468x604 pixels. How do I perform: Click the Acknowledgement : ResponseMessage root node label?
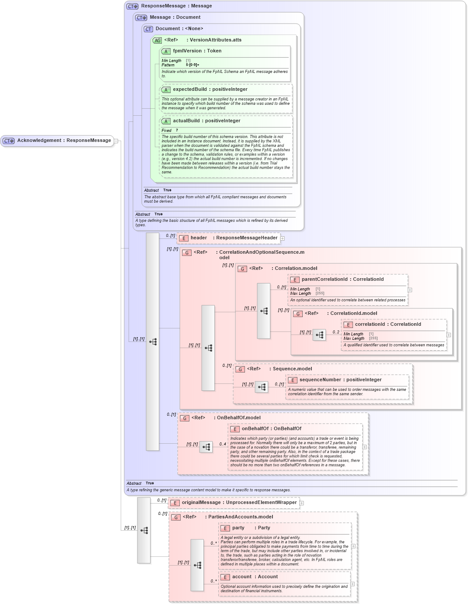click(x=64, y=141)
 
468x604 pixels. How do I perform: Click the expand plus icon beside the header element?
click(x=283, y=238)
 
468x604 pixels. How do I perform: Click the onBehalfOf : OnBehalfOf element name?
click(x=271, y=429)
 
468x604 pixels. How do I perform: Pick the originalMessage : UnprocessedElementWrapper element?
click(x=239, y=503)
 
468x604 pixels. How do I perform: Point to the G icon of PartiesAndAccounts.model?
click(x=176, y=518)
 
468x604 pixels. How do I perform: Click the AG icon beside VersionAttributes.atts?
click(x=157, y=41)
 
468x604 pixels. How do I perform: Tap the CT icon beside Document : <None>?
click(x=148, y=29)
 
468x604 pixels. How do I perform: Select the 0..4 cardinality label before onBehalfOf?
click(x=223, y=444)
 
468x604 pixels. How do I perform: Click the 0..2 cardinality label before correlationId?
click(x=335, y=332)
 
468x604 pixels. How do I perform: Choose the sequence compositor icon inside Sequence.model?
click(x=262, y=387)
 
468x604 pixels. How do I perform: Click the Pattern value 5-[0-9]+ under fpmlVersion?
click(x=192, y=65)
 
